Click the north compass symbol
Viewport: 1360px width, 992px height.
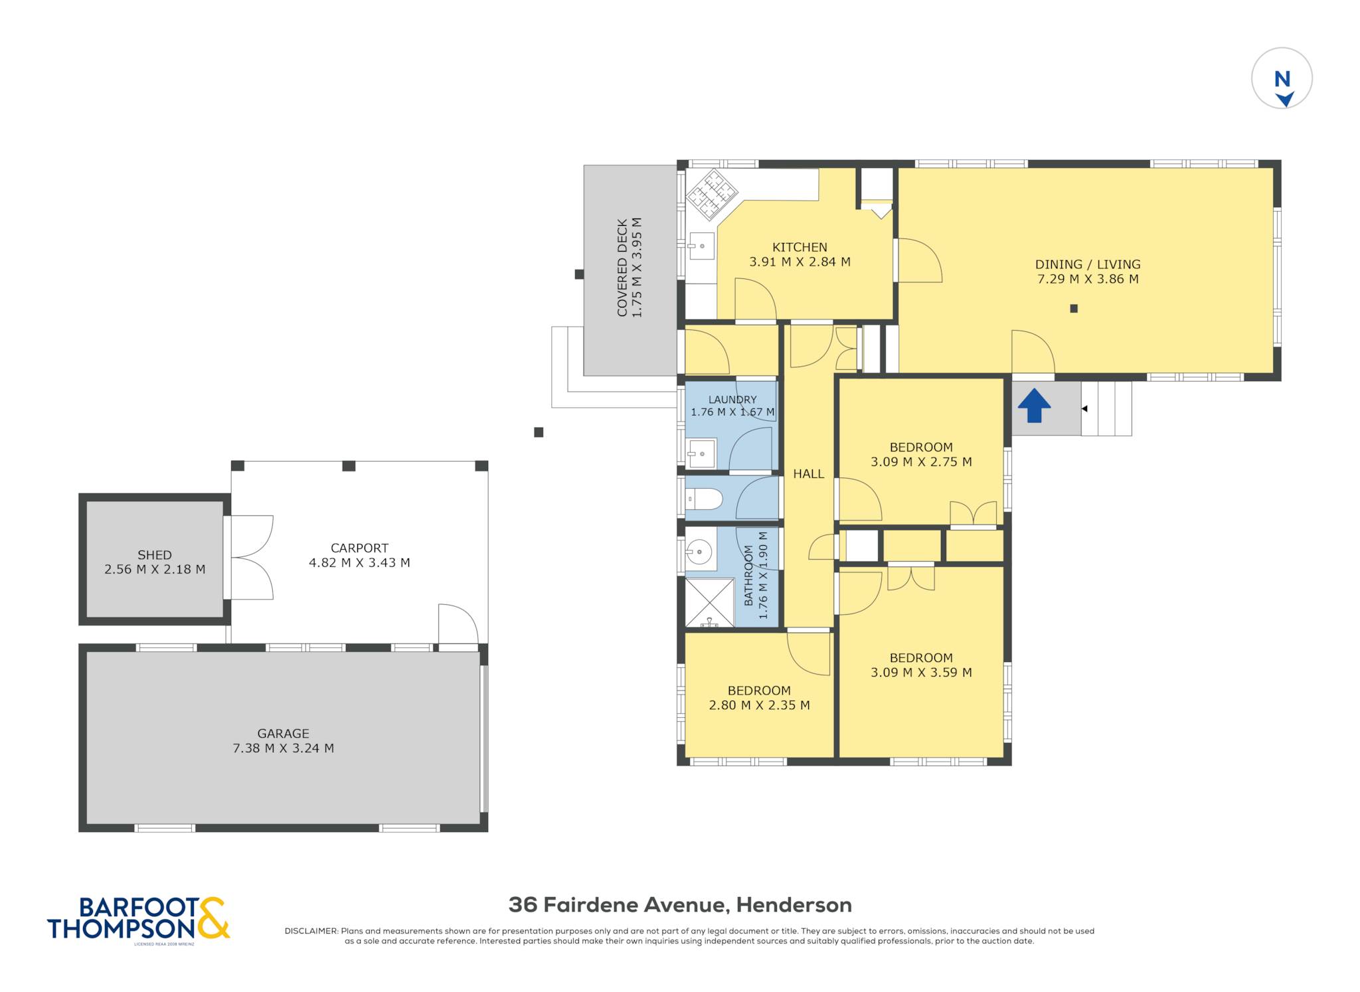(1282, 78)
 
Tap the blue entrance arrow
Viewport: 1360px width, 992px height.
(1034, 406)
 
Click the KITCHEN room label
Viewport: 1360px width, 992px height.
(800, 247)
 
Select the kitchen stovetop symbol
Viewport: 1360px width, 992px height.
(712, 193)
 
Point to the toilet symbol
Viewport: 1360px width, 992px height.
(704, 499)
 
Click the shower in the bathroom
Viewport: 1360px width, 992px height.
(710, 603)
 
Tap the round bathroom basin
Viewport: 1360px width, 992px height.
(699, 551)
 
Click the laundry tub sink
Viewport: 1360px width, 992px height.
(701, 454)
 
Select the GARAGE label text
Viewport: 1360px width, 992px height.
(284, 733)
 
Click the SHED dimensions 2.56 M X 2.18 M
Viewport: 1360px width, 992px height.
(155, 569)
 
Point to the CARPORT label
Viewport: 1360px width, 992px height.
(359, 548)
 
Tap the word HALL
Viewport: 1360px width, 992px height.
(808, 473)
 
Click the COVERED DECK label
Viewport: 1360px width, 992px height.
(622, 268)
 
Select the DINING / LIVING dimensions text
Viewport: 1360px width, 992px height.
(1088, 279)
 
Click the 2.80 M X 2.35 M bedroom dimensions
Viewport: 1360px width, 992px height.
(759, 705)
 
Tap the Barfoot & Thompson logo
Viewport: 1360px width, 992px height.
(139, 919)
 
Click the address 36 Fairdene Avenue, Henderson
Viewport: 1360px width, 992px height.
(680, 904)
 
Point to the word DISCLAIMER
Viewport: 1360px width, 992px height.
(311, 931)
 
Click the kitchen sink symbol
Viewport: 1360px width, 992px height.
(701, 246)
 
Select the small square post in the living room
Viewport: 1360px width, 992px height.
(1074, 308)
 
